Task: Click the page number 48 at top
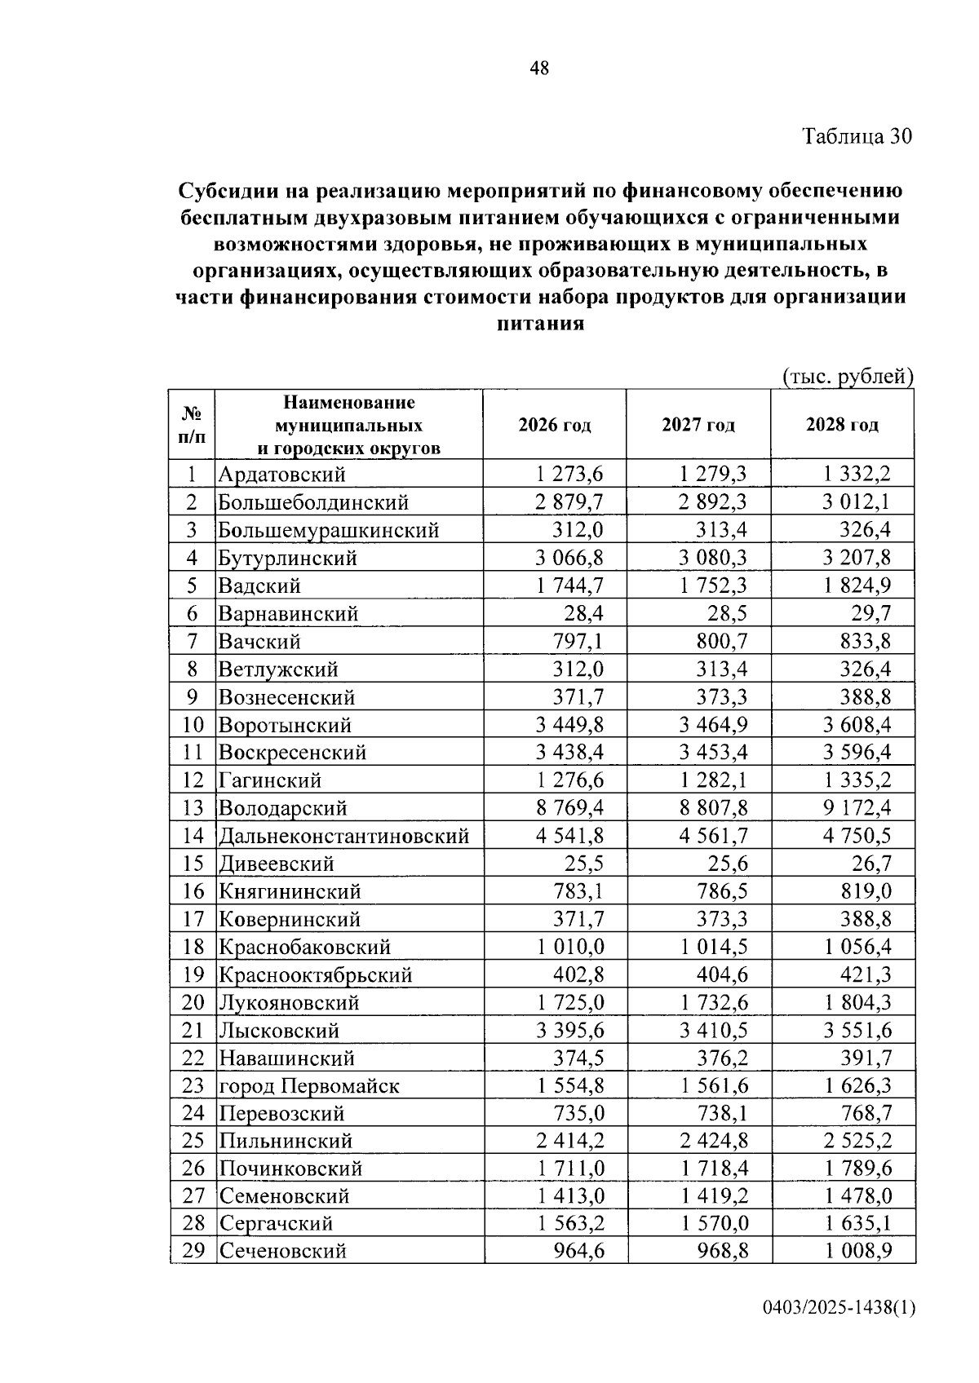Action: tap(539, 68)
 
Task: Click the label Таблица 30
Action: tap(857, 136)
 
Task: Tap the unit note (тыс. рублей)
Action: tap(847, 377)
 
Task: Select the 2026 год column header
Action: tap(554, 425)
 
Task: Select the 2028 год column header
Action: tap(842, 425)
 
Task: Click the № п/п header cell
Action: tap(192, 425)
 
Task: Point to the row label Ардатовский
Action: tap(281, 475)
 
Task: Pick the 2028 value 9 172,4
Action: tap(857, 808)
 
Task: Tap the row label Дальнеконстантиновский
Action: tap(343, 836)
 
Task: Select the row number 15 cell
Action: tap(192, 864)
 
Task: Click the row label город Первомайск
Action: tap(308, 1086)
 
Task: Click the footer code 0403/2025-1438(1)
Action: tap(839, 1308)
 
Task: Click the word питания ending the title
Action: tap(540, 323)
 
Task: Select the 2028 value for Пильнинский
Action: tap(857, 1142)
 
